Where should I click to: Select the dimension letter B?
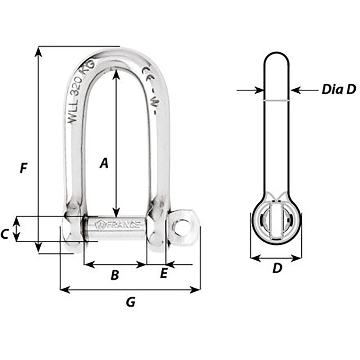[114, 275]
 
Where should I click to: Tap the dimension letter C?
[5, 234]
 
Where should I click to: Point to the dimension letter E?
[163, 274]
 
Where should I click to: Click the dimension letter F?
[24, 168]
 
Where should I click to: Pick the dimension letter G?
[131, 302]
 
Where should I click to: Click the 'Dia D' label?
[338, 89]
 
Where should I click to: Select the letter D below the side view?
[276, 268]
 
